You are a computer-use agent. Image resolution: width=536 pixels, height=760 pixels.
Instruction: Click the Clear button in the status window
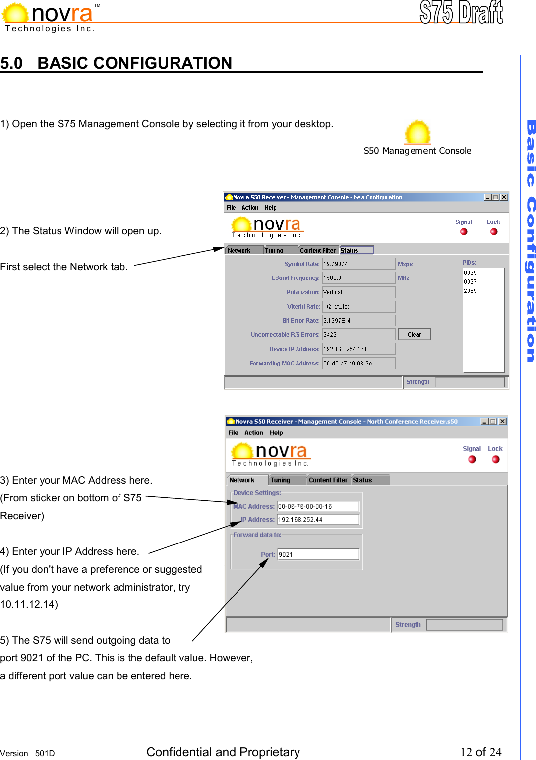tap(414, 335)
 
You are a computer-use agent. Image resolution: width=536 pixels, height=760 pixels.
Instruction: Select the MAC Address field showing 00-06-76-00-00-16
tap(318, 506)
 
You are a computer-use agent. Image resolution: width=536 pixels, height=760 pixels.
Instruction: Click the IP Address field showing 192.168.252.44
tap(318, 520)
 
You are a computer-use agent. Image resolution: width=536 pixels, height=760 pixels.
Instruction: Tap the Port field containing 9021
tap(318, 554)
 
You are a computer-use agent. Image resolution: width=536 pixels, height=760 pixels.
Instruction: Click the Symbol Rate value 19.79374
tap(358, 264)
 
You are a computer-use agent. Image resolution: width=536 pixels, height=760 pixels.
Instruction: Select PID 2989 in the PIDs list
tap(471, 291)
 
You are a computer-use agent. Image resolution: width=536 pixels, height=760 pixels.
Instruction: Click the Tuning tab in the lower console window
tap(281, 480)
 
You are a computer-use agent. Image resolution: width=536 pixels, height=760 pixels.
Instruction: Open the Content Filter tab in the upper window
tap(318, 251)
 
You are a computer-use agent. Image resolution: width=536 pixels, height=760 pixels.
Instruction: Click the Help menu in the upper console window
tap(270, 208)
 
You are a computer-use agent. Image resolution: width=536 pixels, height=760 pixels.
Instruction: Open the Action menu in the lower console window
tap(254, 433)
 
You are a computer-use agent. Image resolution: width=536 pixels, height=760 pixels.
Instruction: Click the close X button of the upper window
tap(504, 197)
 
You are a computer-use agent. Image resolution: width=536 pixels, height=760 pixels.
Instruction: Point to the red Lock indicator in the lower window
tap(495, 459)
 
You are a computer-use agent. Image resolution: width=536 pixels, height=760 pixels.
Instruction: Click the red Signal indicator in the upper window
tap(464, 232)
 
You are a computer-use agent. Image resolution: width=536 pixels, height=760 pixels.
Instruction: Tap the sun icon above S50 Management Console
tap(417, 132)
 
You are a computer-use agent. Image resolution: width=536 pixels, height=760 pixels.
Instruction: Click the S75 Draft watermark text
tap(461, 13)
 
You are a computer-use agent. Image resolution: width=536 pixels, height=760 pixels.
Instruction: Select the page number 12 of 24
tap(480, 752)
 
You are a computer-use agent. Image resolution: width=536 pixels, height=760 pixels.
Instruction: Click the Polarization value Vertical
tap(358, 292)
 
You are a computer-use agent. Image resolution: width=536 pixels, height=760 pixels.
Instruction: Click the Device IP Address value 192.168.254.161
tap(358, 349)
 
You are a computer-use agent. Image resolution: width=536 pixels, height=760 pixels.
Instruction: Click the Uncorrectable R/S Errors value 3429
tap(358, 335)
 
